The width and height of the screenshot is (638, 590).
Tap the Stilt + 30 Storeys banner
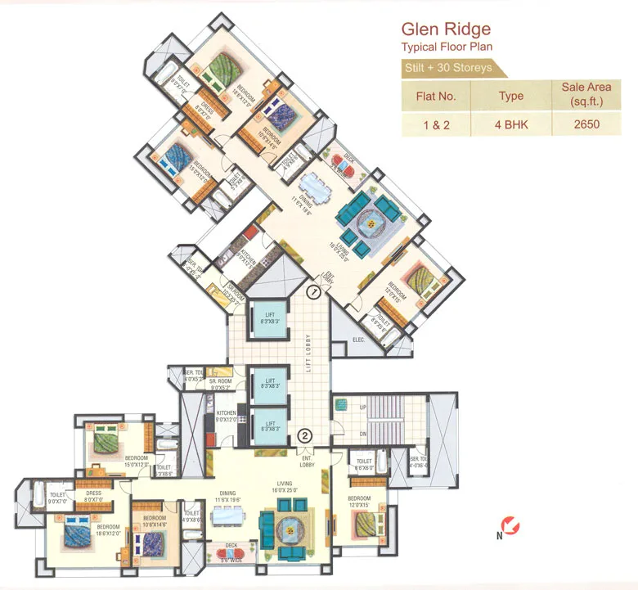click(x=448, y=67)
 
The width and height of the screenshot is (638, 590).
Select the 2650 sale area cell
click(x=587, y=124)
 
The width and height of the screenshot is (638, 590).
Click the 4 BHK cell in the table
click(x=511, y=124)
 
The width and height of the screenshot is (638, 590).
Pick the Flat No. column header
click(x=437, y=96)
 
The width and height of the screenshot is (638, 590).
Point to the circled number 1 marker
click(x=312, y=290)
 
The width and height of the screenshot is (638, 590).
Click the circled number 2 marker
click(x=303, y=435)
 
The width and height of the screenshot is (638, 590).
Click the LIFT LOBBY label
click(x=309, y=354)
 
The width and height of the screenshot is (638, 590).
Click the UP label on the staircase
click(x=341, y=406)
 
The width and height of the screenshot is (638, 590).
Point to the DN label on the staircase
click(x=341, y=435)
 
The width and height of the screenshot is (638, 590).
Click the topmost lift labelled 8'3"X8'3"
click(x=267, y=314)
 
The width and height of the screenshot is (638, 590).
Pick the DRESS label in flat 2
click(x=92, y=493)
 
